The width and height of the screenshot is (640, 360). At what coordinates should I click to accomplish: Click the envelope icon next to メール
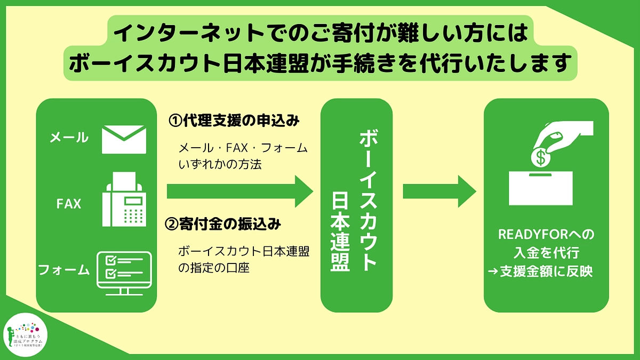pyautogui.click(x=124, y=139)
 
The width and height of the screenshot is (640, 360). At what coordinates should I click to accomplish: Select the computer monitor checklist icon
pyautogui.click(x=124, y=273)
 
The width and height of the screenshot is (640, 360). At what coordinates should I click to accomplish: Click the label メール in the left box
pyautogui.click(x=69, y=138)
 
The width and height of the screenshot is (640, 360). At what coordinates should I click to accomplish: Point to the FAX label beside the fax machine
pyautogui.click(x=69, y=204)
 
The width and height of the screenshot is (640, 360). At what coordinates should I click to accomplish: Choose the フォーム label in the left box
pyautogui.click(x=64, y=270)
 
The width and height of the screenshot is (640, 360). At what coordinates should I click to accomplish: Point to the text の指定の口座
pyautogui.click(x=214, y=268)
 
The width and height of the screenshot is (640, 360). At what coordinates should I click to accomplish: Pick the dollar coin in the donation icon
pyautogui.click(x=541, y=157)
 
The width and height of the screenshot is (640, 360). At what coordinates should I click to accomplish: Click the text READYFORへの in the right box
pyautogui.click(x=546, y=235)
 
